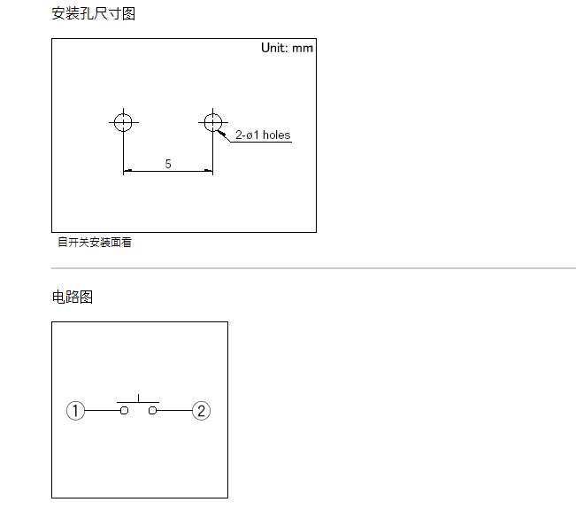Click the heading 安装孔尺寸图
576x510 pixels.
point(94,14)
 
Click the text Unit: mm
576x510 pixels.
point(287,48)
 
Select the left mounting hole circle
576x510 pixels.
point(123,121)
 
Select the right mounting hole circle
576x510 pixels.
point(212,121)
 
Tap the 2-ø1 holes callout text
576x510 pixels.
point(262,135)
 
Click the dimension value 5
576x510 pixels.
point(168,164)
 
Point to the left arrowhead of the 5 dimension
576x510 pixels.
point(127,171)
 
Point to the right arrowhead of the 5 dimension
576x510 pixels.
point(209,171)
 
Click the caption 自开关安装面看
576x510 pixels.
point(95,242)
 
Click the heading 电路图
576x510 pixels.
point(73,297)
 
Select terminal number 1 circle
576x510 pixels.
point(76,411)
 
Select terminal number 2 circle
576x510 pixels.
point(202,411)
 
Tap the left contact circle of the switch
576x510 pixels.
point(125,411)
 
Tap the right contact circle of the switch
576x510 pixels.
point(153,411)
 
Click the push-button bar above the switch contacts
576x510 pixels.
point(139,402)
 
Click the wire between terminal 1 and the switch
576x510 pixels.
point(103,411)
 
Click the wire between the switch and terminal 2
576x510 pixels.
point(174,411)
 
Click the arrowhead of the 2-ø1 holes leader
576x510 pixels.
point(221,131)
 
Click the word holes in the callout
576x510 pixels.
point(276,135)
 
